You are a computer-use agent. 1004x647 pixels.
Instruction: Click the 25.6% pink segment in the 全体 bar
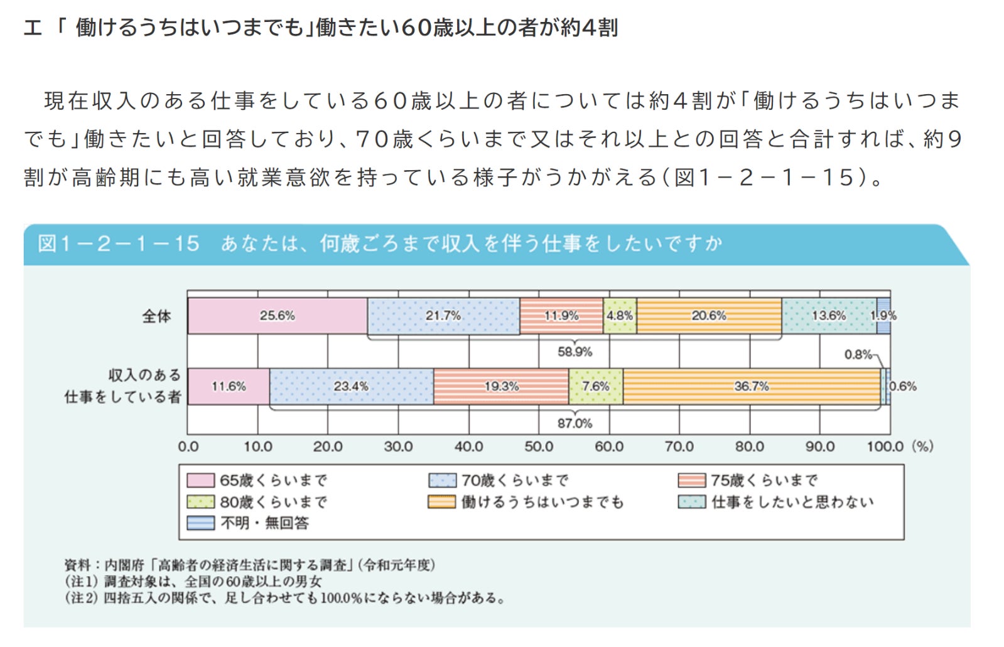277,316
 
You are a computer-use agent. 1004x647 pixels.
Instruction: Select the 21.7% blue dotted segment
443,316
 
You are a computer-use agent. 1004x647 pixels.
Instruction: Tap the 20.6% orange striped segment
709,316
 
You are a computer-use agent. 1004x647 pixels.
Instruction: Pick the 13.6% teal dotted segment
829,316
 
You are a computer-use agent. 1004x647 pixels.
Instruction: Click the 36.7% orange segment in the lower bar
752,387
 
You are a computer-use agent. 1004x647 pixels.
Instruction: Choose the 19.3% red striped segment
501,387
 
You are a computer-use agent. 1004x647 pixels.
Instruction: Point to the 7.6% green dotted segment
596,387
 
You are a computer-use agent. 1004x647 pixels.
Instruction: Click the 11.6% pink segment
229,387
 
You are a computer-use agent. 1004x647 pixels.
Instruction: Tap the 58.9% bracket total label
575,352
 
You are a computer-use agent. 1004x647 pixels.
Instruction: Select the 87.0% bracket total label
575,424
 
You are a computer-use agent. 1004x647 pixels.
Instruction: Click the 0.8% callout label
858,355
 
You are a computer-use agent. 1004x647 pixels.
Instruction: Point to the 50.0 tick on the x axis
539,447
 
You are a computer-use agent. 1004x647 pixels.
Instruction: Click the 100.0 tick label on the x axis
885,447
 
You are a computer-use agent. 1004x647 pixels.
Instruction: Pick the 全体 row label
156,316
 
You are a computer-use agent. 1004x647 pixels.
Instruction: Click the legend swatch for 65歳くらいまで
200,481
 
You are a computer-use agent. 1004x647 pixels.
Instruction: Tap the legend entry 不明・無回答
264,523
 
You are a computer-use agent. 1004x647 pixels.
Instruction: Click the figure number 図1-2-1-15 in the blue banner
119,243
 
